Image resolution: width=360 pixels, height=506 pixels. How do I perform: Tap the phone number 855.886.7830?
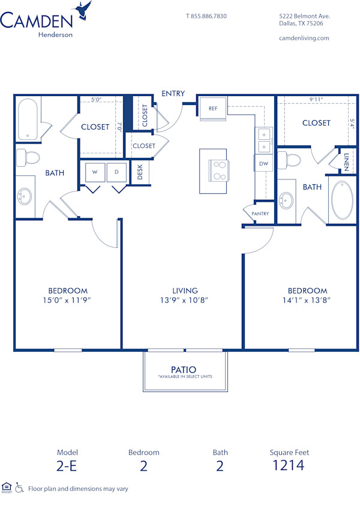(x=206, y=16)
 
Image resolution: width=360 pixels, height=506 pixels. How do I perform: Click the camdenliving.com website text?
(x=304, y=38)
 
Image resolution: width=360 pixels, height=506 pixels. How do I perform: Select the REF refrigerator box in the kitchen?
(x=213, y=109)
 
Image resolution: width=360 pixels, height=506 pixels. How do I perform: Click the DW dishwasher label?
(x=263, y=163)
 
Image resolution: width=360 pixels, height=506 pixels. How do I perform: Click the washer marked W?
(x=94, y=172)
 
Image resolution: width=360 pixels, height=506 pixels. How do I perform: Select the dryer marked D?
(x=117, y=172)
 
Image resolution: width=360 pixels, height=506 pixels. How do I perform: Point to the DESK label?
(x=140, y=172)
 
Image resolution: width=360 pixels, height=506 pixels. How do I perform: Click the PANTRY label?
(x=260, y=214)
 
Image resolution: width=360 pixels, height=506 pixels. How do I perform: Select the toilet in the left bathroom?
(x=27, y=157)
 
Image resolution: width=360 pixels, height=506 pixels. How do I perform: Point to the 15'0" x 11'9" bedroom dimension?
(x=68, y=300)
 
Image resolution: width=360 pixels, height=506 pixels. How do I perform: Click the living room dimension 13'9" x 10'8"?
(x=184, y=300)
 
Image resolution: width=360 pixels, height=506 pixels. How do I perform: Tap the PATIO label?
(x=184, y=369)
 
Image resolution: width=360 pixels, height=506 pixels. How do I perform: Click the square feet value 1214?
(x=289, y=465)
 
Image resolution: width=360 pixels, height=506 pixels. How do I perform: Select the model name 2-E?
(x=67, y=465)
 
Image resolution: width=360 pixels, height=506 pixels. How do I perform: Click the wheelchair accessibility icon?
(x=19, y=488)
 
